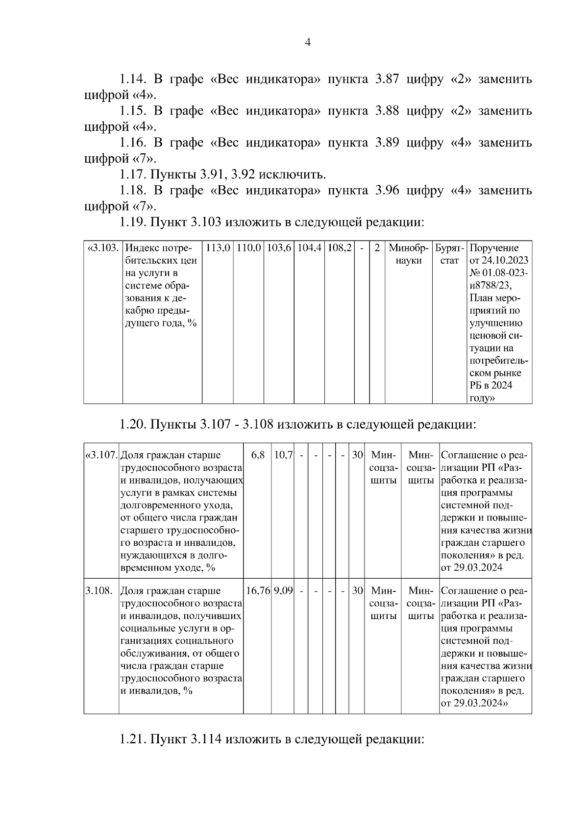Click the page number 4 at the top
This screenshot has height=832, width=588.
coord(308,43)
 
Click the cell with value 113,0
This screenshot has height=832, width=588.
coord(218,248)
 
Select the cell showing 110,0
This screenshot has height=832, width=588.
coord(248,248)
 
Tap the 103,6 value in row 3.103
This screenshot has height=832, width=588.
coord(279,248)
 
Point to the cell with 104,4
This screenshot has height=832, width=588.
coord(309,248)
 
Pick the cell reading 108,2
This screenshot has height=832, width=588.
coord(339,248)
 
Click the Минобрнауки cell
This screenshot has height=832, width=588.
coord(408,254)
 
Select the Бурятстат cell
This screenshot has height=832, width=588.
coord(449,254)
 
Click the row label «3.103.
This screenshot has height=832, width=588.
coord(103,248)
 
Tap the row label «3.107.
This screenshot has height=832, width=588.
coord(101,455)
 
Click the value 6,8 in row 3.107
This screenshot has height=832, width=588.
coord(258,455)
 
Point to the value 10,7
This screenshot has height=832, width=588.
coord(283,455)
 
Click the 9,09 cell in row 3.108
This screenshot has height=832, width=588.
coord(283,591)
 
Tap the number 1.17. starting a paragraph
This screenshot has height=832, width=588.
coord(132,174)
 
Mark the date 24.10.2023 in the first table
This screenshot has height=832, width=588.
coord(504,261)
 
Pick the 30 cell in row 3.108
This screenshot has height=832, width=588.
coord(357,591)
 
